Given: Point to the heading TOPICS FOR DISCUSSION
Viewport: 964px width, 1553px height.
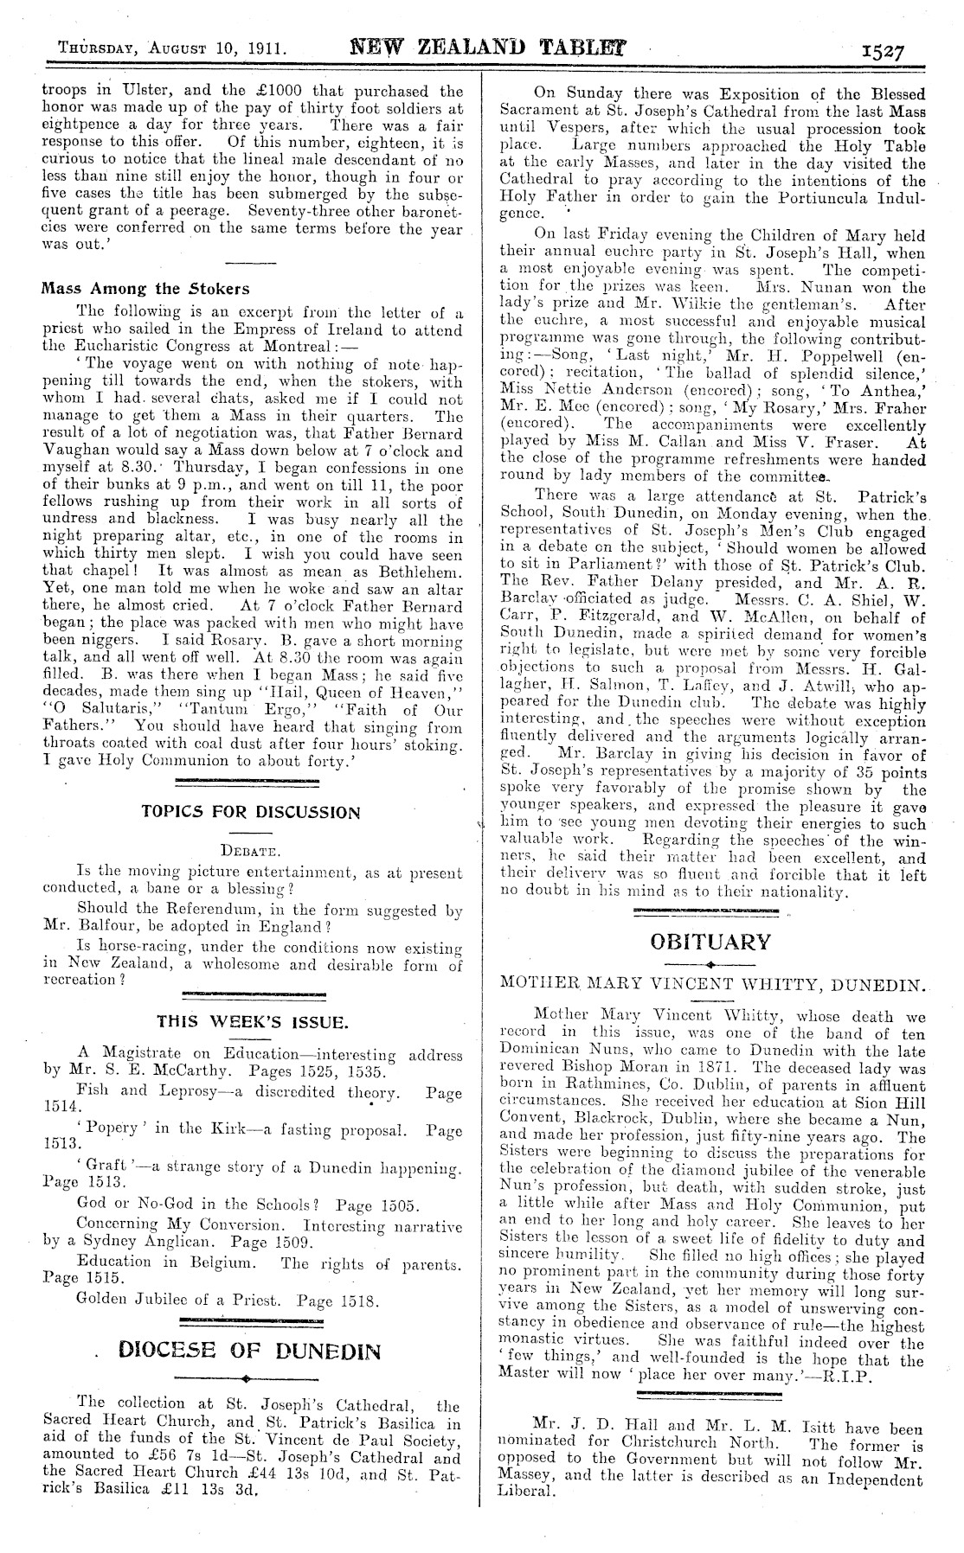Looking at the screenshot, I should [x=250, y=812].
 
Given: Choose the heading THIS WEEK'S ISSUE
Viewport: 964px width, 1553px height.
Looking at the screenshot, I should [x=252, y=1022].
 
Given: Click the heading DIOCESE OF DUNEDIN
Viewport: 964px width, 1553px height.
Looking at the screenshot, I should [x=250, y=1350].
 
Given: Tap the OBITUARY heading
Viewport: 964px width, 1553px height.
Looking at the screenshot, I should [x=710, y=942].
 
